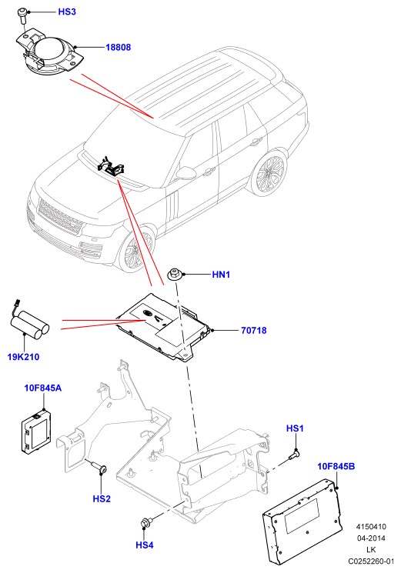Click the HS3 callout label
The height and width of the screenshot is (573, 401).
point(67,12)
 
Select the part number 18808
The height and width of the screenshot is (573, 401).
point(118,47)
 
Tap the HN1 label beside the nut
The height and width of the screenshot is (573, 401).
point(221,275)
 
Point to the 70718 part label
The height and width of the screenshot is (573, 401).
point(254,331)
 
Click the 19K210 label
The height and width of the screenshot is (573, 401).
point(23,357)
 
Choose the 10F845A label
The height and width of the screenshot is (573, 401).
point(43,388)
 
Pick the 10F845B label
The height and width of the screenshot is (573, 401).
point(336,466)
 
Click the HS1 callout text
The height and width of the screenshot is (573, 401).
point(295,428)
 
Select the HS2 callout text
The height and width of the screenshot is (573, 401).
point(102,499)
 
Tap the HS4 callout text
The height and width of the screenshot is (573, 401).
point(145,545)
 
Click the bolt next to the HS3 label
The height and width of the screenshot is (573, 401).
point(22,16)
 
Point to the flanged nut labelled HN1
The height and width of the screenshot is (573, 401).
point(175,275)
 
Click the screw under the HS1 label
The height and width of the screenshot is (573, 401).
point(294,455)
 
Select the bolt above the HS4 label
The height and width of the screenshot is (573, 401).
point(145,522)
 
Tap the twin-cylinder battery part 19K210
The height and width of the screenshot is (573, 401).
point(29,323)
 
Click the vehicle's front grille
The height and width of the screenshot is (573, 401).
point(59,217)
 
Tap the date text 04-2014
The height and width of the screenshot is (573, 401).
point(371,538)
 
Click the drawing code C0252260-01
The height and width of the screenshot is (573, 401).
point(371,561)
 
